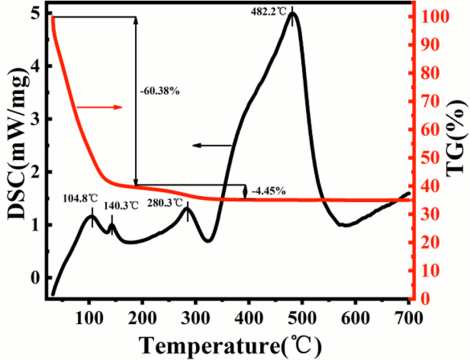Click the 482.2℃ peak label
(x=270, y=9)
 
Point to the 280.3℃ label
(x=165, y=202)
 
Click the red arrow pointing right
(x=99, y=107)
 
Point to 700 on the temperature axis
(x=408, y=318)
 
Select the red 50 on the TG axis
(x=430, y=158)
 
